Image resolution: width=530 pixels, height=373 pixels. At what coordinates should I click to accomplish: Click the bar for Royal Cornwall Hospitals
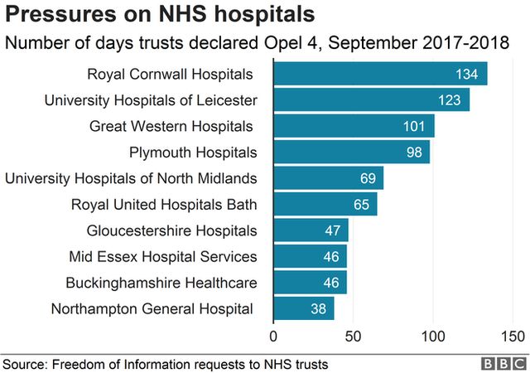[380, 74]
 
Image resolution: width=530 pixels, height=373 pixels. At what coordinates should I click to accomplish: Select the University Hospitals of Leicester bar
[371, 100]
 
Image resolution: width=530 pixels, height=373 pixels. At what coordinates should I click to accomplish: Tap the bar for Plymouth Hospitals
[351, 153]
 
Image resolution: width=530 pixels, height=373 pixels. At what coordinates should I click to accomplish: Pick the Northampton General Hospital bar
[303, 308]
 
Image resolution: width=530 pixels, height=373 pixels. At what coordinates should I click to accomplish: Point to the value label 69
[369, 179]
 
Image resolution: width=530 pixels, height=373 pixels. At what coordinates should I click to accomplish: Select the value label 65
[362, 205]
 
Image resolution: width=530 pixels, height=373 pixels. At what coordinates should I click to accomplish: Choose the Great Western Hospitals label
[171, 127]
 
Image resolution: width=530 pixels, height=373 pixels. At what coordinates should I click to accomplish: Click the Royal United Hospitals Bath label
[164, 205]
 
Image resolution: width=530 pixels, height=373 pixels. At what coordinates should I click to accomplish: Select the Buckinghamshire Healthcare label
[161, 283]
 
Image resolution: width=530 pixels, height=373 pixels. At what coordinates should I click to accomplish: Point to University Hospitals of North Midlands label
[131, 178]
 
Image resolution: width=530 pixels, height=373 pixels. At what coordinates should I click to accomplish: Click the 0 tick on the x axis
[273, 337]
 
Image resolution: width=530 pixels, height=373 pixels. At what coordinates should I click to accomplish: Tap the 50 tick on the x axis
[353, 337]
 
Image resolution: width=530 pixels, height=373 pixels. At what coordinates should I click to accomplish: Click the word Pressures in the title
[51, 14]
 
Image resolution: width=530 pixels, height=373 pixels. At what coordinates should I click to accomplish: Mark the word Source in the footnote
[25, 363]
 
